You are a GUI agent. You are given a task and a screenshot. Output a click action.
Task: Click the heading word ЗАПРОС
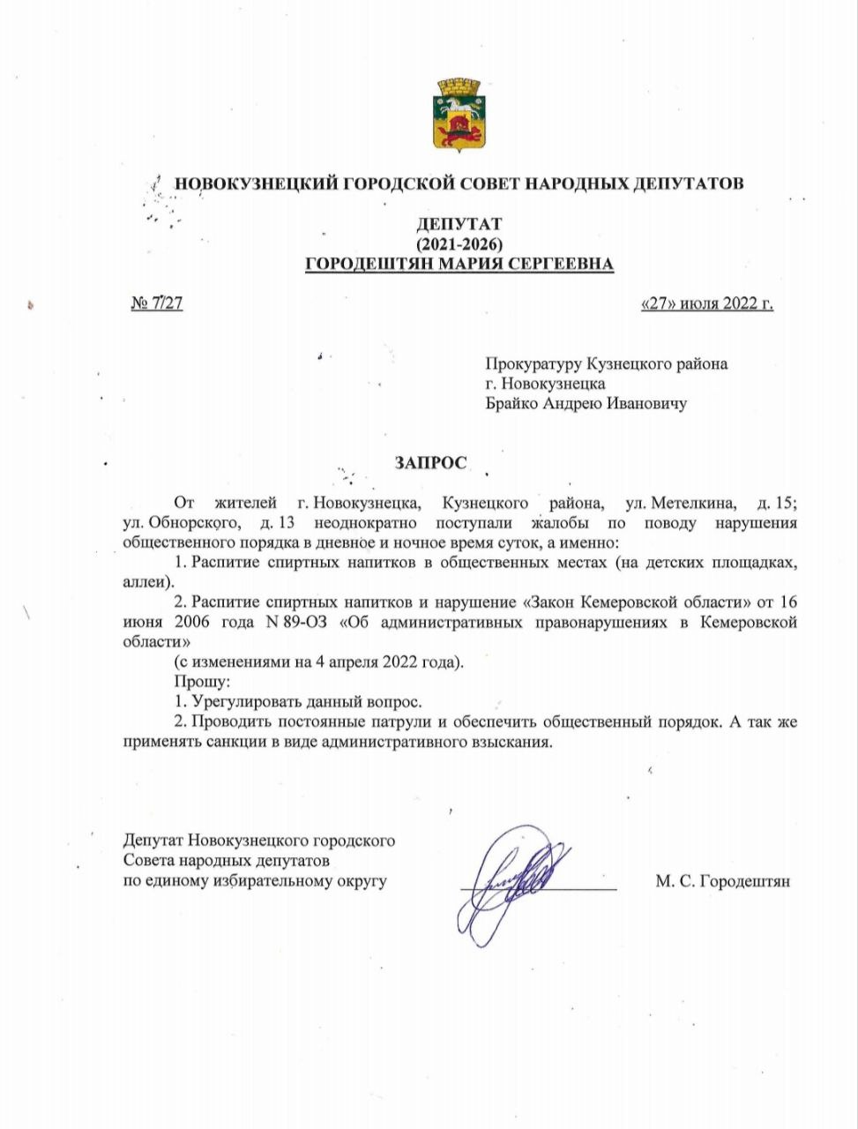pos(430,462)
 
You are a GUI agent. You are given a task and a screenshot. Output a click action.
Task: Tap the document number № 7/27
pos(157,304)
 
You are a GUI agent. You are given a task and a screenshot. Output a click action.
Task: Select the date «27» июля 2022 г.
pos(706,304)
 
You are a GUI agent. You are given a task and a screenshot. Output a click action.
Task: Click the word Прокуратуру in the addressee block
pos(533,363)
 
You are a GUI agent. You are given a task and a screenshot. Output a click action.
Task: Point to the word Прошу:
pos(202,682)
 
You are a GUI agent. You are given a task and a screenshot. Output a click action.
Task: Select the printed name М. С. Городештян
pos(722,880)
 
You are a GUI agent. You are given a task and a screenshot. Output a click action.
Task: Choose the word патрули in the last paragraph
pos(402,722)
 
